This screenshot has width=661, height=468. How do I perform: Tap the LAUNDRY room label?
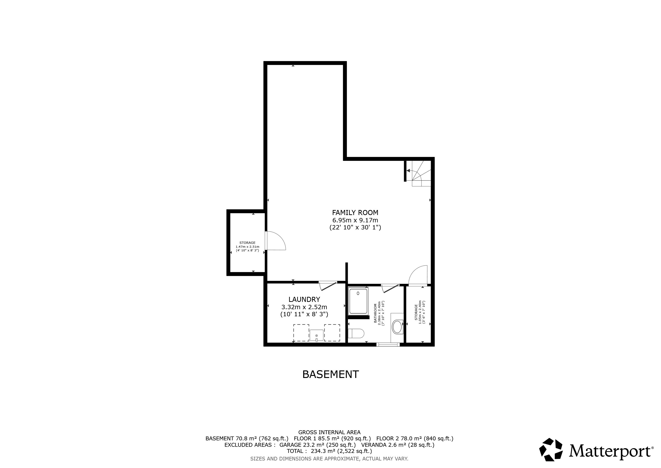304,299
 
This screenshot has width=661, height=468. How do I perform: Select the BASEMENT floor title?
330,374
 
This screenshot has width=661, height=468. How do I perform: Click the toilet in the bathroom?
356,333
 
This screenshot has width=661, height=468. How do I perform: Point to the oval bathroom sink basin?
398,327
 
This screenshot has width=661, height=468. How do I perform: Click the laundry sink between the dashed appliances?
316,335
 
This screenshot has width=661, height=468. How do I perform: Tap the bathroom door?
390,288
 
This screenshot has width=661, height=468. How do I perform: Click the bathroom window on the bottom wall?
388,344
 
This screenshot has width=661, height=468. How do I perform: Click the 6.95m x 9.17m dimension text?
355,220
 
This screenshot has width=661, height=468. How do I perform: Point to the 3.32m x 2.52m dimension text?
304,307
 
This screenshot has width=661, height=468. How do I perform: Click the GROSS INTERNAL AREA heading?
329,432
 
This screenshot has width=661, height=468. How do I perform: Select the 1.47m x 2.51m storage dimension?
248,247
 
